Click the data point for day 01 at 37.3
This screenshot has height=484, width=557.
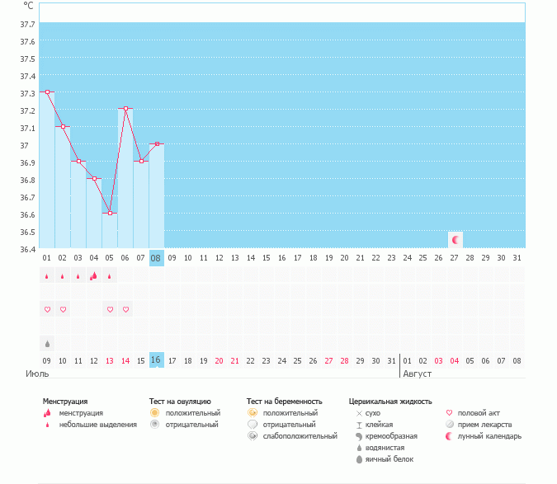(x=47, y=92)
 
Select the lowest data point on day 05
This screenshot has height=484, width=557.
(x=110, y=213)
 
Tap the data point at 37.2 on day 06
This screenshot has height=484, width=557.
(x=125, y=109)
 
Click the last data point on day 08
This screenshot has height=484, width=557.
(x=157, y=143)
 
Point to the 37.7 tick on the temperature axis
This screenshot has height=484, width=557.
(x=26, y=41)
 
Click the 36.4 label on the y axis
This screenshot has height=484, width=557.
(x=26, y=249)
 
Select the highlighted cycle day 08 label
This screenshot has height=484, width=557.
(x=156, y=258)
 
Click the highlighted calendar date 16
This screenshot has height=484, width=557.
(x=156, y=360)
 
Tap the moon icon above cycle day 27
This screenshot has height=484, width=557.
(x=456, y=239)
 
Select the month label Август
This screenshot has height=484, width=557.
(x=418, y=374)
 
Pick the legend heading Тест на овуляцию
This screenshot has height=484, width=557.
(x=181, y=401)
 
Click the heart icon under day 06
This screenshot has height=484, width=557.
(x=125, y=309)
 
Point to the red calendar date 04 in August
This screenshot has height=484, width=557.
(x=455, y=360)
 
